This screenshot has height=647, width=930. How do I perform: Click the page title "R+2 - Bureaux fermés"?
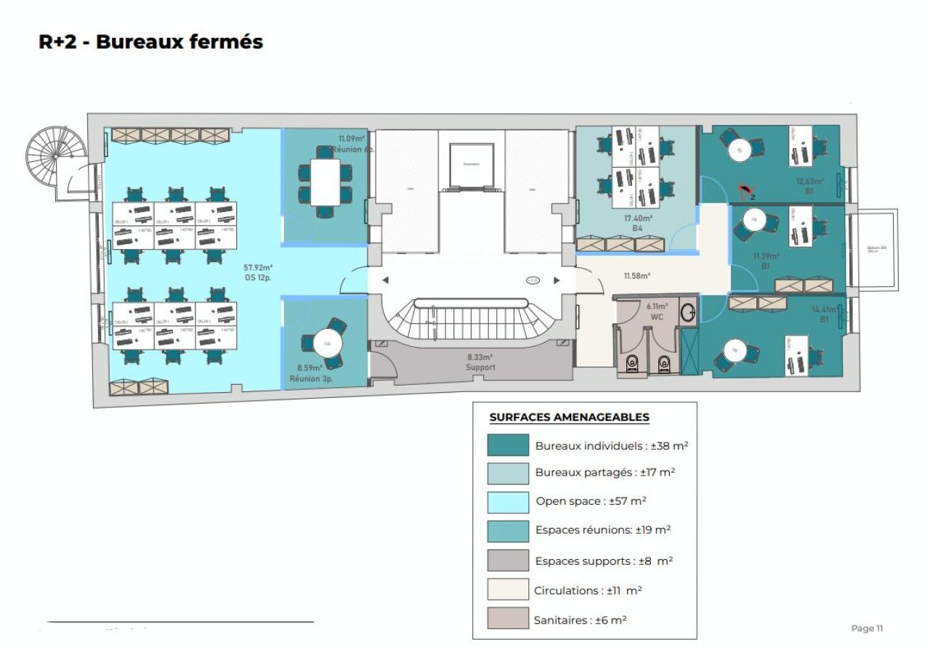click(150, 42)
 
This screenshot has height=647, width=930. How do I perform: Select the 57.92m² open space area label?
click(257, 272)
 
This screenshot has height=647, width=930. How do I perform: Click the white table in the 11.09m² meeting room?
click(325, 182)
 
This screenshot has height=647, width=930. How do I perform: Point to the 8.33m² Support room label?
click(480, 362)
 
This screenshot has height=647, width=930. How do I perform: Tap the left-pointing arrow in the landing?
click(385, 280)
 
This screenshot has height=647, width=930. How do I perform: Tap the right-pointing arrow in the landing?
click(557, 280)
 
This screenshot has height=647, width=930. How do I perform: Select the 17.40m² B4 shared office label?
click(637, 222)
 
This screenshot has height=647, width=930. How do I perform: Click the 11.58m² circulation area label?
click(636, 276)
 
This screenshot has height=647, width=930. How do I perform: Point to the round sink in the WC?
click(688, 313)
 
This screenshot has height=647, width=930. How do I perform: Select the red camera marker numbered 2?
click(745, 192)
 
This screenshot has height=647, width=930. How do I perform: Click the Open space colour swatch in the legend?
click(508, 502)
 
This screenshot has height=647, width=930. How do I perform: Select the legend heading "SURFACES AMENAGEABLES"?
click(569, 418)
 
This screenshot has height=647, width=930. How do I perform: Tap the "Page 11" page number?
click(867, 627)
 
